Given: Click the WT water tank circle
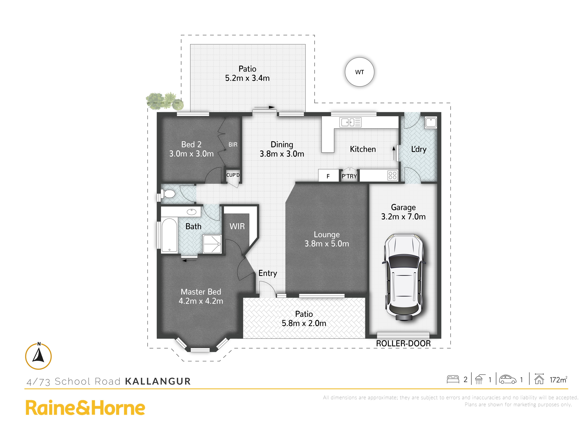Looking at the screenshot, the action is tap(359, 72).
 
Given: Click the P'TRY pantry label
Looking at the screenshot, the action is tap(349, 176).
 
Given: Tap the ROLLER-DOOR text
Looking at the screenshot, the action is tap(403, 344).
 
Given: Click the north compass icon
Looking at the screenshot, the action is tap(38, 356).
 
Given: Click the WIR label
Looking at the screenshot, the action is tap(237, 226).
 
